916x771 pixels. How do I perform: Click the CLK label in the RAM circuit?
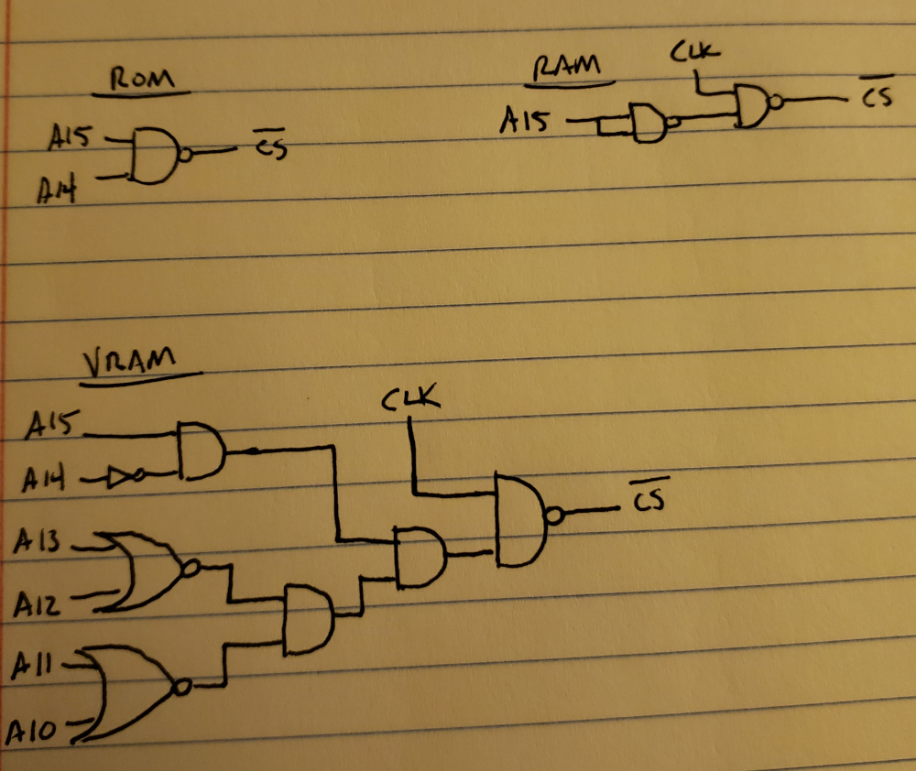tap(693, 53)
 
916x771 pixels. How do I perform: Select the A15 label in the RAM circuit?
tap(524, 119)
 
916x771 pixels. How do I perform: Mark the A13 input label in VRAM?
tap(38, 543)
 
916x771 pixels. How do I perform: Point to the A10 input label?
tap(35, 730)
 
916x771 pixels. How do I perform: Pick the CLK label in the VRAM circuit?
tap(411, 400)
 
